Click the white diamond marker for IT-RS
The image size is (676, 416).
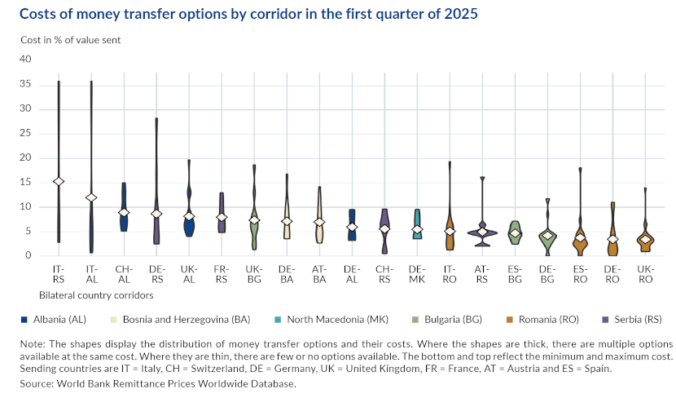tap(59, 181)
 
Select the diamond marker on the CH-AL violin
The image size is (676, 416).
tap(124, 212)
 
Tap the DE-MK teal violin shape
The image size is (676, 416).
tap(417, 222)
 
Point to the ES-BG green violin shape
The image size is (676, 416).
tap(515, 232)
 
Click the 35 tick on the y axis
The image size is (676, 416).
tap(25, 84)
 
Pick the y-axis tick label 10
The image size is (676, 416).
tap(25, 206)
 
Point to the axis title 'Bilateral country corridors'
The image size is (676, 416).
tap(95, 294)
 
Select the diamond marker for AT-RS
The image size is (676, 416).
tap(482, 232)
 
